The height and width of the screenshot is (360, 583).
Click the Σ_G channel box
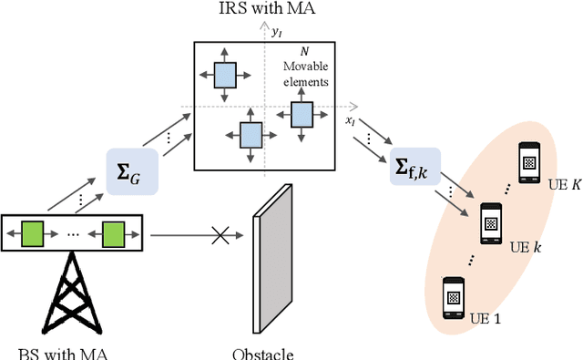click(x=132, y=170)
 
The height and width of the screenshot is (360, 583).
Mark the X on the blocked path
click(x=219, y=236)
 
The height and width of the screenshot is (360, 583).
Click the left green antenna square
click(x=34, y=235)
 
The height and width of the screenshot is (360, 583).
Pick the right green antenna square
click(x=112, y=235)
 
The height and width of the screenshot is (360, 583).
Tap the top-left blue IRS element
click(x=224, y=75)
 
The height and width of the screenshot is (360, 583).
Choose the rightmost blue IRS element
click(x=302, y=114)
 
